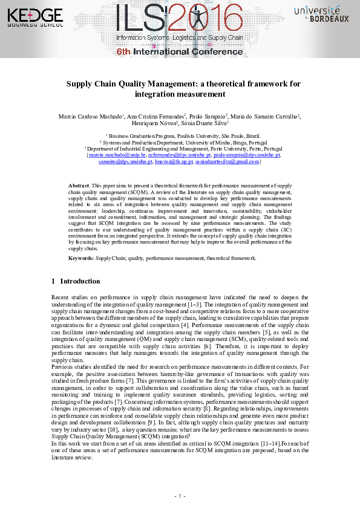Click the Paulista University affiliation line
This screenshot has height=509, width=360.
(x=183, y=136)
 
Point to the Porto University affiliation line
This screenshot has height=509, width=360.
(x=183, y=148)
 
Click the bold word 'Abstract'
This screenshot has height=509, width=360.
(x=79, y=186)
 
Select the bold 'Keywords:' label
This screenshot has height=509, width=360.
(x=81, y=258)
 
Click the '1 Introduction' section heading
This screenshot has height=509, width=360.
(x=76, y=281)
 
